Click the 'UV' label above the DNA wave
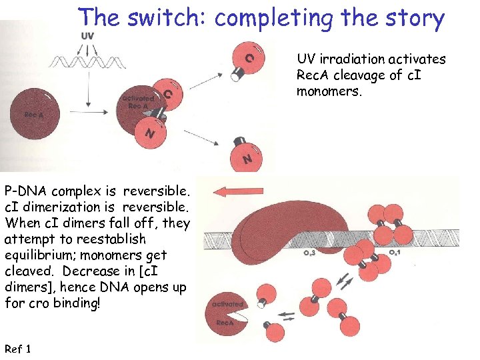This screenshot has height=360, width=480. pyautogui.click(x=87, y=35)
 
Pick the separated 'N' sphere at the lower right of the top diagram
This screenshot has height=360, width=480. pyautogui.click(x=245, y=157)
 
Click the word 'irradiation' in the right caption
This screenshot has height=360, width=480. pyautogui.click(x=358, y=59)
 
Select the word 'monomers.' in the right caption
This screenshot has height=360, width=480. pyautogui.click(x=329, y=91)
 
